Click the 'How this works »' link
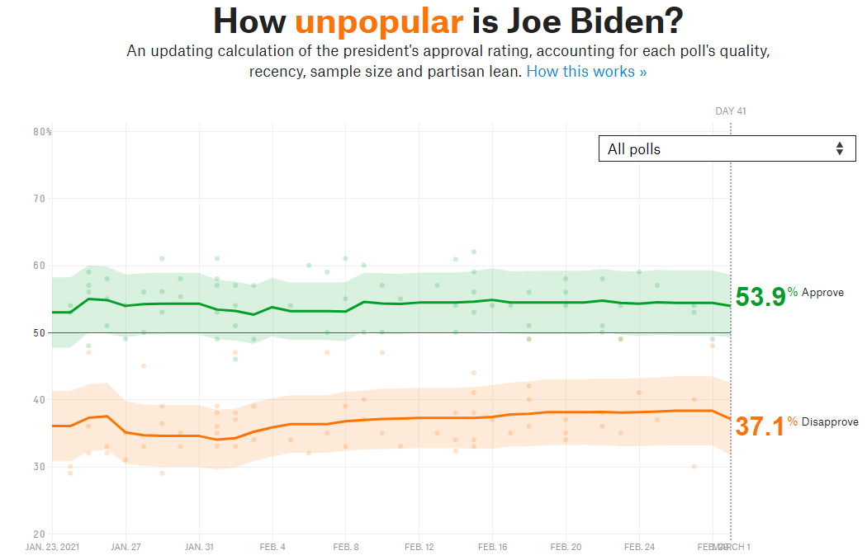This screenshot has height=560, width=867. [586, 72]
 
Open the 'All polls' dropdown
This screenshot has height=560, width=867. [727, 148]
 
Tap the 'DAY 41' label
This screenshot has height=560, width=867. [731, 111]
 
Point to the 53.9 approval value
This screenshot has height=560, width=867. [760, 297]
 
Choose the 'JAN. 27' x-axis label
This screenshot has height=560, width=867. [126, 547]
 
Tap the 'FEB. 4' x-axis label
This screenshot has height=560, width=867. [272, 547]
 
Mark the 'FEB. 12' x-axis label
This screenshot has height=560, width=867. [419, 547]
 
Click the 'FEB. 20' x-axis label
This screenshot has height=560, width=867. [566, 547]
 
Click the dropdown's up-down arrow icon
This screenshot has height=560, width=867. [840, 148]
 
